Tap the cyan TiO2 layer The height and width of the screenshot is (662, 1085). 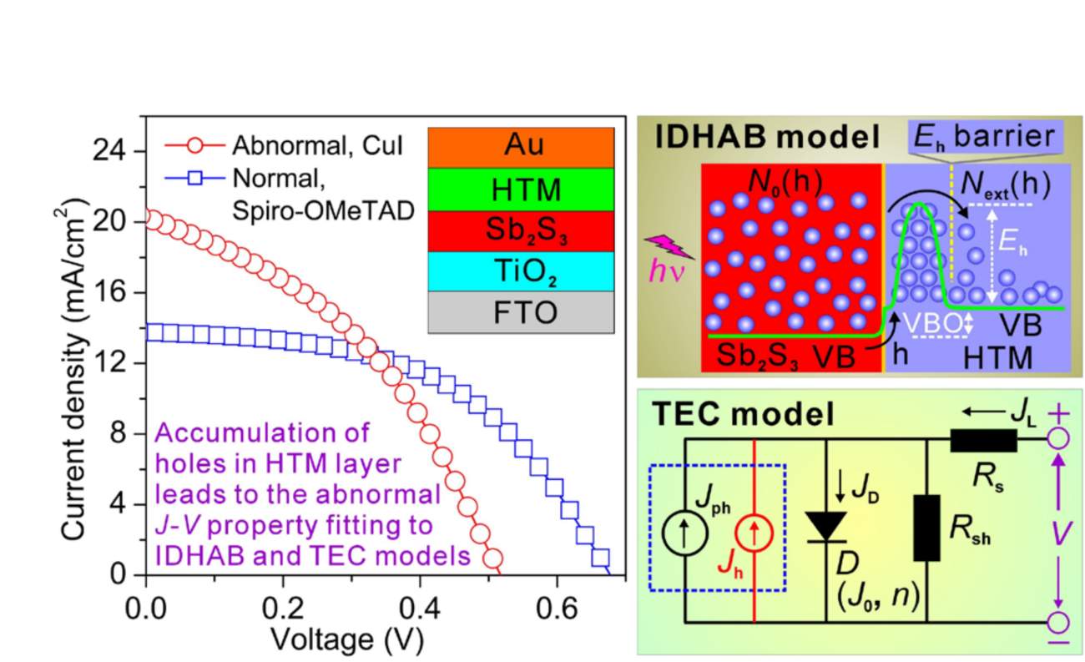click(522, 270)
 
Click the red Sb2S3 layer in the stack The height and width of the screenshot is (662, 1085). click(522, 229)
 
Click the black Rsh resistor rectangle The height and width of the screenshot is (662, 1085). click(927, 527)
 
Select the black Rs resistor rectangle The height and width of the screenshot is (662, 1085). click(983, 440)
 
